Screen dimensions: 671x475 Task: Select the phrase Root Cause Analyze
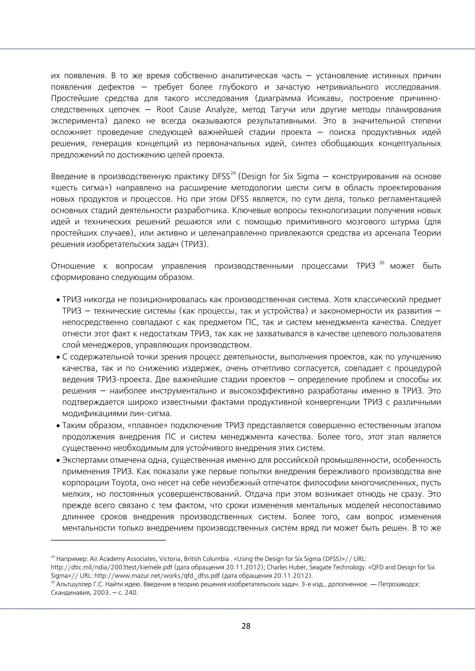click(195, 110)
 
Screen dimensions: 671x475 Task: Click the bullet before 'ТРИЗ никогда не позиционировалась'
click(58, 300)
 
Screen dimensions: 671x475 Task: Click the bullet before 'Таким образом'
click(58, 426)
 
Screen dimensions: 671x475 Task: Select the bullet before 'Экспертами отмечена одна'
click(58, 461)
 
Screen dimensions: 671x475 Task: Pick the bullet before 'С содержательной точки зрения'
click(58, 358)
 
